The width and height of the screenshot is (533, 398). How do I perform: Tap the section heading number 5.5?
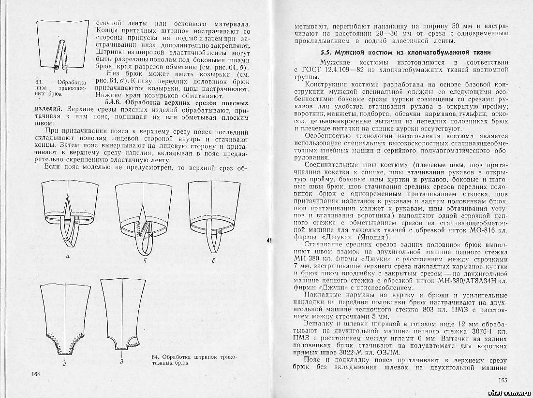point(327,52)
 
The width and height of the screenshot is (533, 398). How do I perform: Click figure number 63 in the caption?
point(34,82)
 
